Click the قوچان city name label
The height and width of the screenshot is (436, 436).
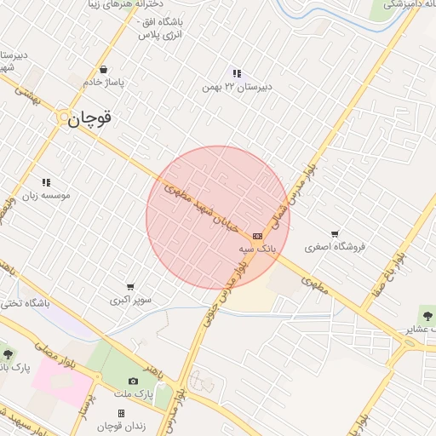[x=90, y=119]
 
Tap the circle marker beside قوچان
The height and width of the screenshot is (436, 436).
[x=64, y=119]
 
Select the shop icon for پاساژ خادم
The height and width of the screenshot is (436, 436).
[x=103, y=70]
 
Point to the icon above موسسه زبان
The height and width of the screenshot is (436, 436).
[x=46, y=182]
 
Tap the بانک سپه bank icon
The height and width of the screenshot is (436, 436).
[x=257, y=235]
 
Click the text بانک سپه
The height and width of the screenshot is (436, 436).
[x=258, y=248]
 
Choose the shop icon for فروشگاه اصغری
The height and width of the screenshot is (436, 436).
[x=335, y=234]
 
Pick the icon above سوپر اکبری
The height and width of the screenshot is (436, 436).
[x=130, y=287]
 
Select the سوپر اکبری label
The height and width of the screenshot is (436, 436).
[x=130, y=300]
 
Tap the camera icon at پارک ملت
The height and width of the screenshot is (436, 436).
[x=132, y=381]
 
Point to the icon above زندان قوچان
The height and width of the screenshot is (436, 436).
[x=121, y=413]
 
